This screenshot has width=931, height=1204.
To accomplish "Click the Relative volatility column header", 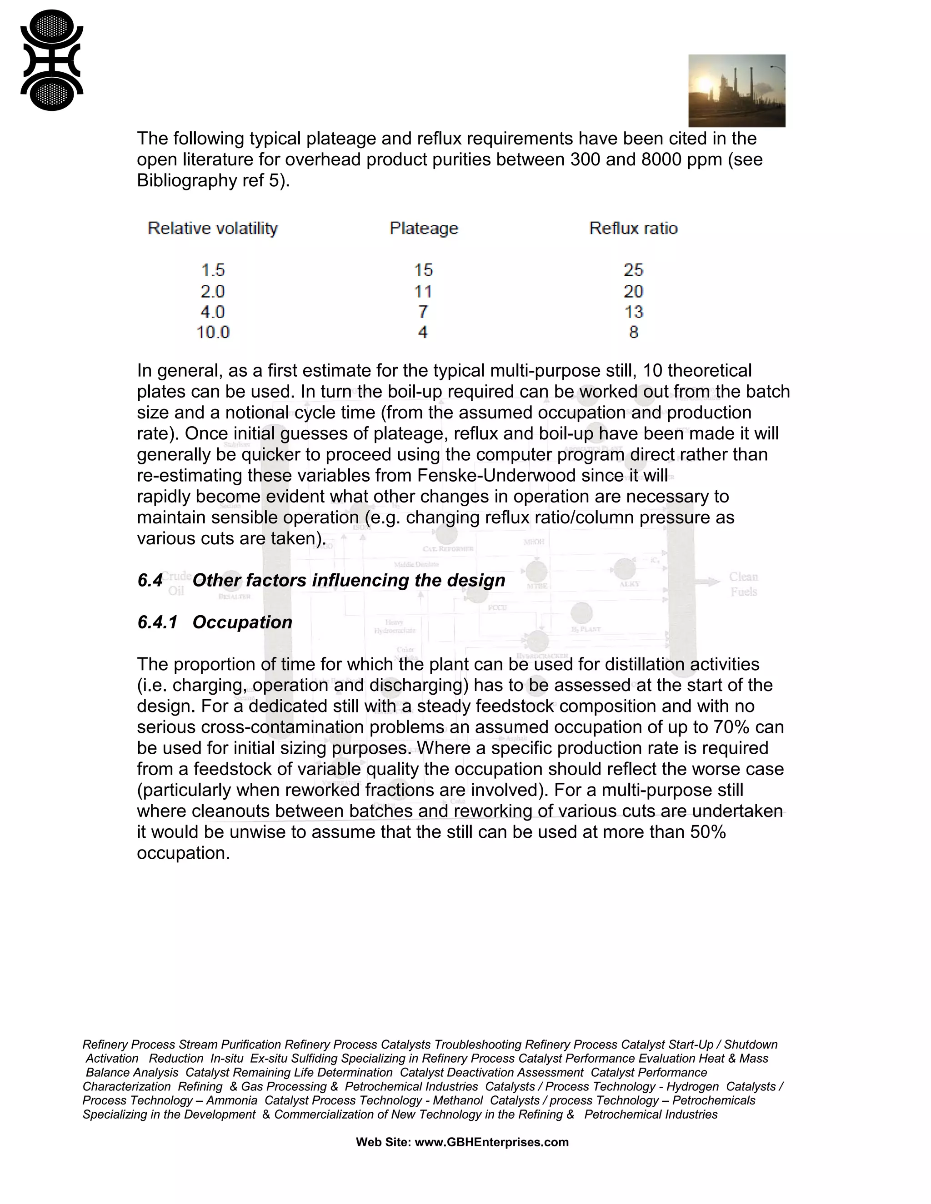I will [x=212, y=228].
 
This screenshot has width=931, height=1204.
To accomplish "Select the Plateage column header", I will [x=424, y=228].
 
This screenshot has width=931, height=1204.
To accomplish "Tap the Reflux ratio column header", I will [x=633, y=228].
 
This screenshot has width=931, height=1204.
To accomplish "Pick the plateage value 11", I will [x=423, y=291].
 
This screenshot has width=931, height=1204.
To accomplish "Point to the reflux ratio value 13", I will [x=634, y=312].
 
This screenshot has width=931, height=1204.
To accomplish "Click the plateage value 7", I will [x=423, y=312].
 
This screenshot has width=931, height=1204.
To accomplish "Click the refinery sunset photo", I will [x=736, y=90].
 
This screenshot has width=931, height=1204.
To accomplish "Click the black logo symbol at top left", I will [x=51, y=60].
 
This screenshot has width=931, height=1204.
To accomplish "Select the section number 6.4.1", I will [x=157, y=622].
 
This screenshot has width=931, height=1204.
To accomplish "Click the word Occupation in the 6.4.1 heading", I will [x=242, y=622].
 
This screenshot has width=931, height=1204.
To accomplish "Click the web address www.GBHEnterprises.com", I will [x=491, y=1142].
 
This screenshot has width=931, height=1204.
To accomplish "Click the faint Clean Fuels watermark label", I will [x=743, y=584].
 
